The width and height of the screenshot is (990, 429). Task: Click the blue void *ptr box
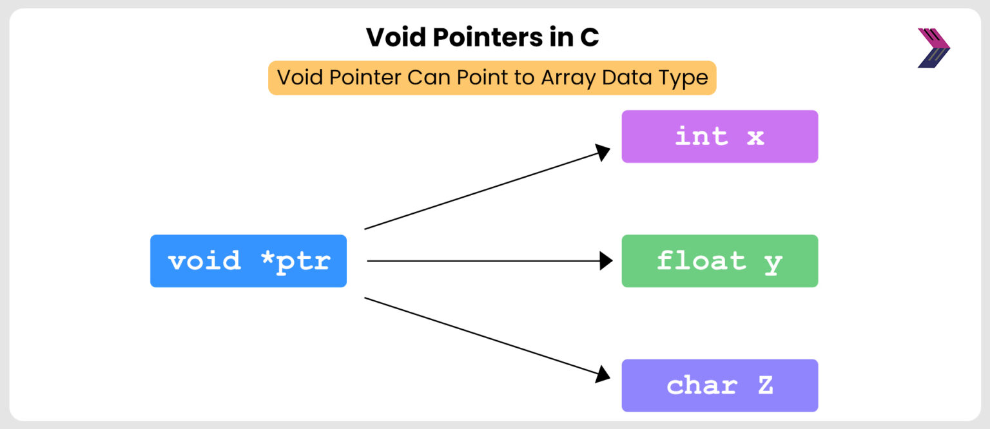coord(248,261)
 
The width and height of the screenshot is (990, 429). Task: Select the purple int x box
coord(719,137)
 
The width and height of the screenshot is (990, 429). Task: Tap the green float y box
coord(719,261)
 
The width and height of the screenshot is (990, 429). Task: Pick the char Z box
coord(719,385)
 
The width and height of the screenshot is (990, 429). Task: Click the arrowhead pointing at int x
coord(603,152)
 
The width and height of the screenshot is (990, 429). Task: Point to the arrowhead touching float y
coord(606,261)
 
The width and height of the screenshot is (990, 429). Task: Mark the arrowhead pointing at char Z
coord(603,374)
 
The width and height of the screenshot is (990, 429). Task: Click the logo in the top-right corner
coord(933,48)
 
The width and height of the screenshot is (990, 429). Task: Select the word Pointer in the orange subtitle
coord(362,78)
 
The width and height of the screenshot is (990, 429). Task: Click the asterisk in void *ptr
coord(267,259)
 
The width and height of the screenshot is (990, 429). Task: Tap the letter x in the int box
coord(755,137)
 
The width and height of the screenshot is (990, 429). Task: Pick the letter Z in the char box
coord(764,385)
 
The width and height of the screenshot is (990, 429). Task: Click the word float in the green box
coord(701,261)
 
